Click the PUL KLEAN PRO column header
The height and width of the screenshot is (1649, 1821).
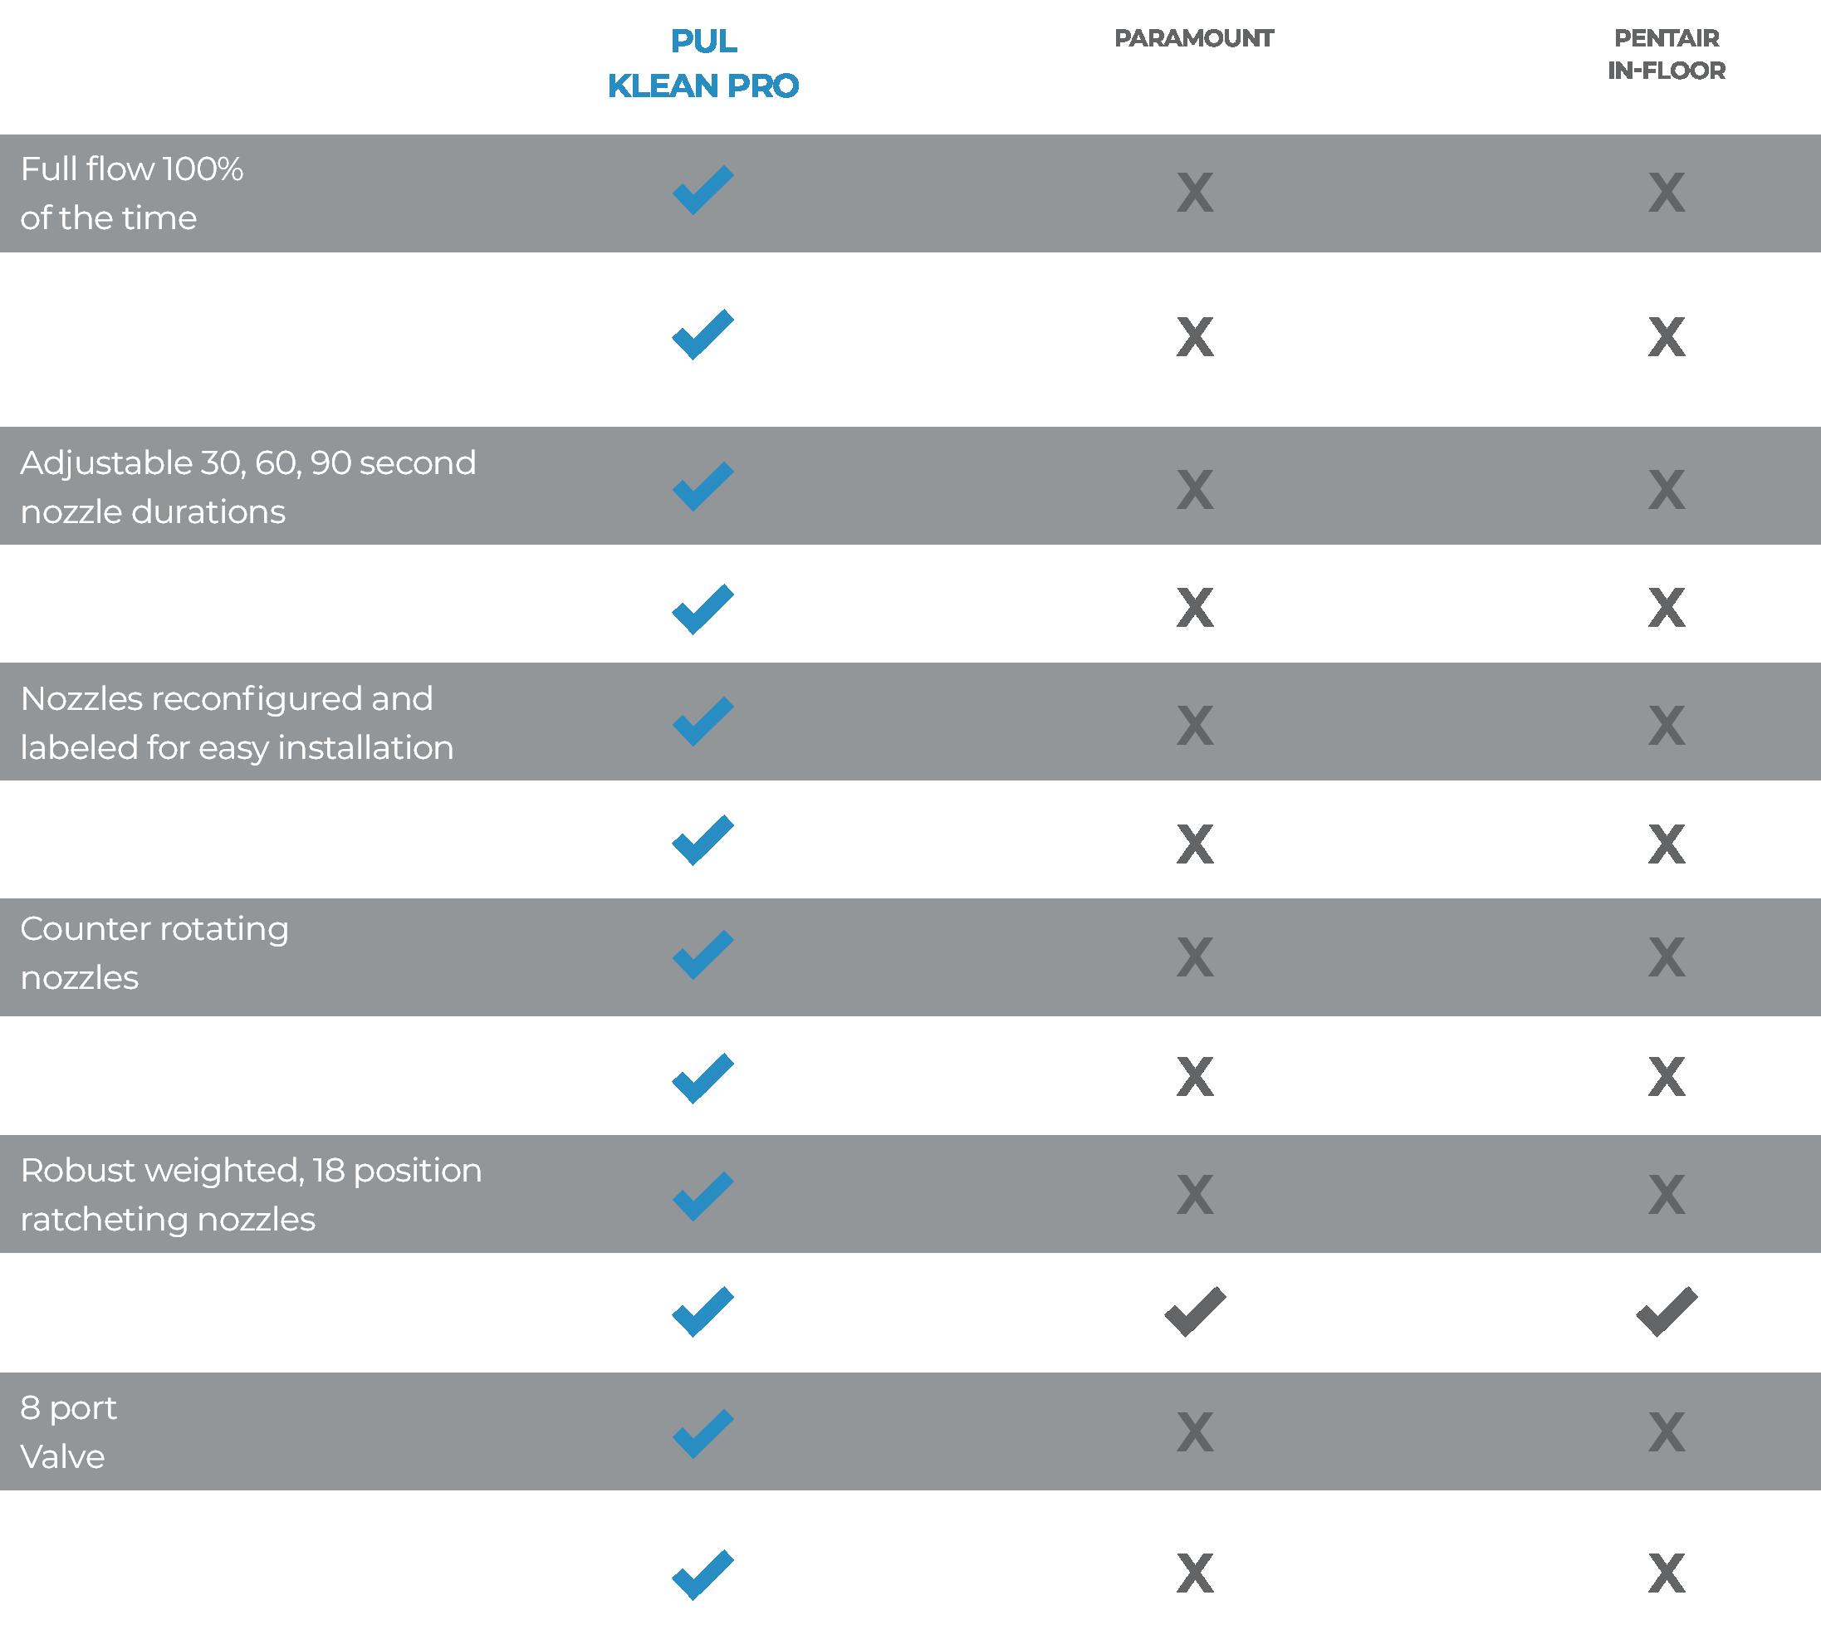(x=702, y=63)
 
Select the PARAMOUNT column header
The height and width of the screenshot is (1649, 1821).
(x=1193, y=38)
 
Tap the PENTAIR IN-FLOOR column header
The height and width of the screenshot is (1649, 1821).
(x=1666, y=54)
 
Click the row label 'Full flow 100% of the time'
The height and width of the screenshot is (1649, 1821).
(x=132, y=193)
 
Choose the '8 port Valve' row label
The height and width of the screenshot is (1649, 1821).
(x=69, y=1431)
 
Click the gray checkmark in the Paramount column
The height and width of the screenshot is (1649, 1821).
(x=1194, y=1311)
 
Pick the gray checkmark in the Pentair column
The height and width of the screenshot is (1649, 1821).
(x=1666, y=1311)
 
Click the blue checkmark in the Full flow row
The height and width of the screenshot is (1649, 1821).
(x=702, y=190)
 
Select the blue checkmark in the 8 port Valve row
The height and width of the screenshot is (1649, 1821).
(x=702, y=1433)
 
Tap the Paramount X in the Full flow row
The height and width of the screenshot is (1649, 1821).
(x=1194, y=193)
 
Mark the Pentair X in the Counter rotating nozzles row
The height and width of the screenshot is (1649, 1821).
(x=1666, y=957)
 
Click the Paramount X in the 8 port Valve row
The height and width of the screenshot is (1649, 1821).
(x=1194, y=1432)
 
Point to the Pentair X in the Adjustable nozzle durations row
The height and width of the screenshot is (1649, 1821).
(x=1666, y=491)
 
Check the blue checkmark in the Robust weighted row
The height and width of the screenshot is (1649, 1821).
(x=702, y=1196)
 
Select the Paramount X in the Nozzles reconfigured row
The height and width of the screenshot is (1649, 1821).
(x=1194, y=726)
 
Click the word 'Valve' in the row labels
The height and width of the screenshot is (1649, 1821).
(x=62, y=1456)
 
